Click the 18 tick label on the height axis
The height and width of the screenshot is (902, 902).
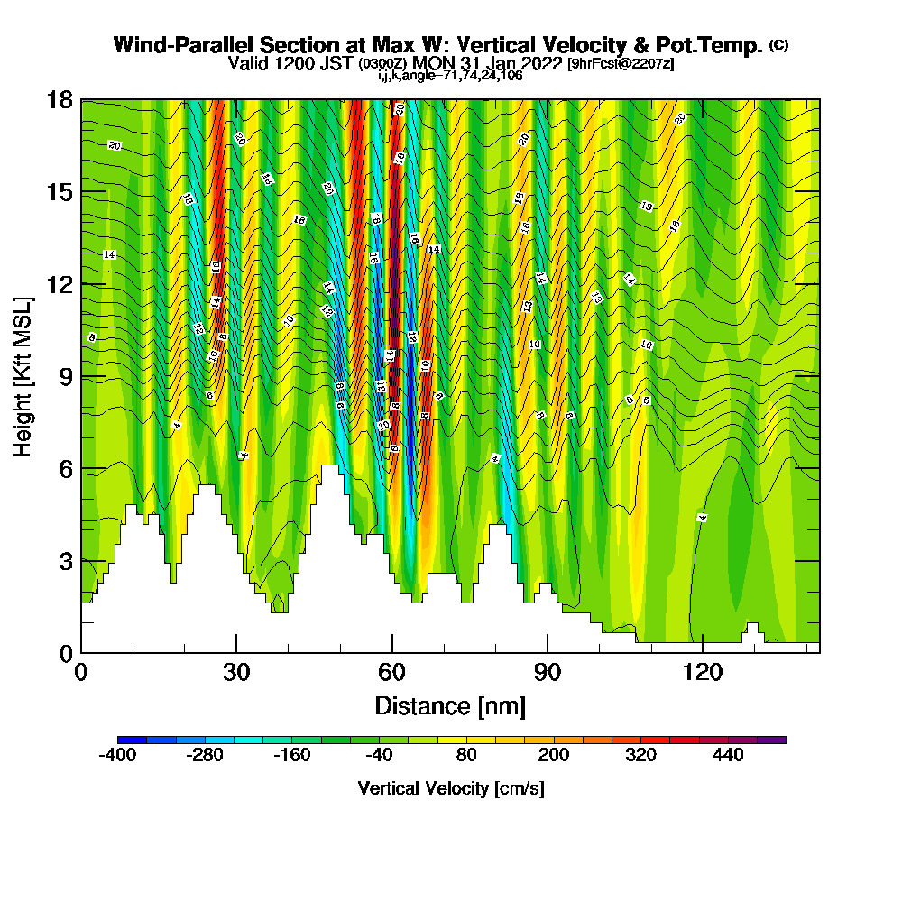(x=60, y=100)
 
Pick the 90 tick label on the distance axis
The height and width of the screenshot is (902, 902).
(x=547, y=673)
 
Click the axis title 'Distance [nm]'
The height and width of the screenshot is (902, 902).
(x=450, y=705)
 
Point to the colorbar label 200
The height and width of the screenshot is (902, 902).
(x=554, y=755)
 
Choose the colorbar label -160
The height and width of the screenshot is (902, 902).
(x=291, y=755)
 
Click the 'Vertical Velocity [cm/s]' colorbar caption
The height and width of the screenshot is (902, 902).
(x=450, y=788)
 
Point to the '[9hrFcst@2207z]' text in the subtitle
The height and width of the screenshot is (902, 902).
(x=621, y=64)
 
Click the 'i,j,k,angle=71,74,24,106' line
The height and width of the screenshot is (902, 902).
(x=450, y=76)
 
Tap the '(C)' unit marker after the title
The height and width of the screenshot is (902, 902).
(x=778, y=44)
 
